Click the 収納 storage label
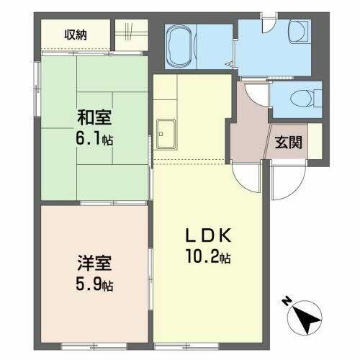(76, 35)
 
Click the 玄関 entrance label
(289, 142)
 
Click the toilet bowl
(299, 97)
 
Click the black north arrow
(308, 317)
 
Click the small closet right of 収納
(130, 35)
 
